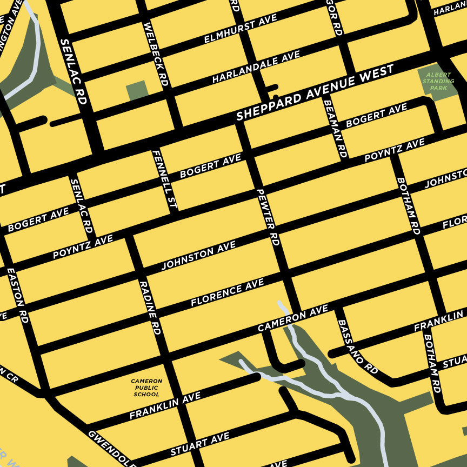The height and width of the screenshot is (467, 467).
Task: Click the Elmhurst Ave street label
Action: [x=241, y=29]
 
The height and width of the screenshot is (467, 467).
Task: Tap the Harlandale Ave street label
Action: [x=256, y=68]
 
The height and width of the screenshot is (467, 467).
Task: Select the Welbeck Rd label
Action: [x=156, y=54]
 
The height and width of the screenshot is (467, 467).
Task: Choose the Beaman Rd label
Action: [x=334, y=126]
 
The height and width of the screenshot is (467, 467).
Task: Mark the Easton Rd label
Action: [x=17, y=297]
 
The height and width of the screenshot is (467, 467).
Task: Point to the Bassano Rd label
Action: [x=357, y=346]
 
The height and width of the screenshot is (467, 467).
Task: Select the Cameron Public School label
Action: [x=146, y=388]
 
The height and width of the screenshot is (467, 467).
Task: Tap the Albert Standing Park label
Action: [x=438, y=81]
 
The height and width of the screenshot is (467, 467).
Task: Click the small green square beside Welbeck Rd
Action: [x=137, y=90]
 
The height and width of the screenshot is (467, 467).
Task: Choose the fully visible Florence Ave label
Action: [x=227, y=292]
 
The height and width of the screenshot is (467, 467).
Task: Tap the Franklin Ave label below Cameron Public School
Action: [x=165, y=406]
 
